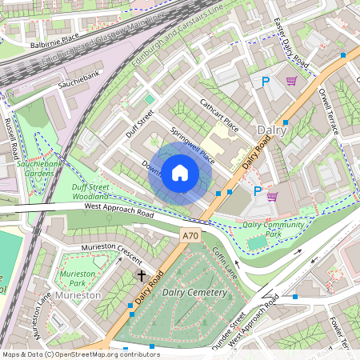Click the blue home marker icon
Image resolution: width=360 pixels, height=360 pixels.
180,173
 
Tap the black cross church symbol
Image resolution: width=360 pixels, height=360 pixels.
142,275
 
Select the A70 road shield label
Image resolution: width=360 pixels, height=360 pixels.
190,235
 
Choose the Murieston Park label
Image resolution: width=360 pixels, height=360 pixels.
78,278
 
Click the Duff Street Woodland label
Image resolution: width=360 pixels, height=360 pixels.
84,192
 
